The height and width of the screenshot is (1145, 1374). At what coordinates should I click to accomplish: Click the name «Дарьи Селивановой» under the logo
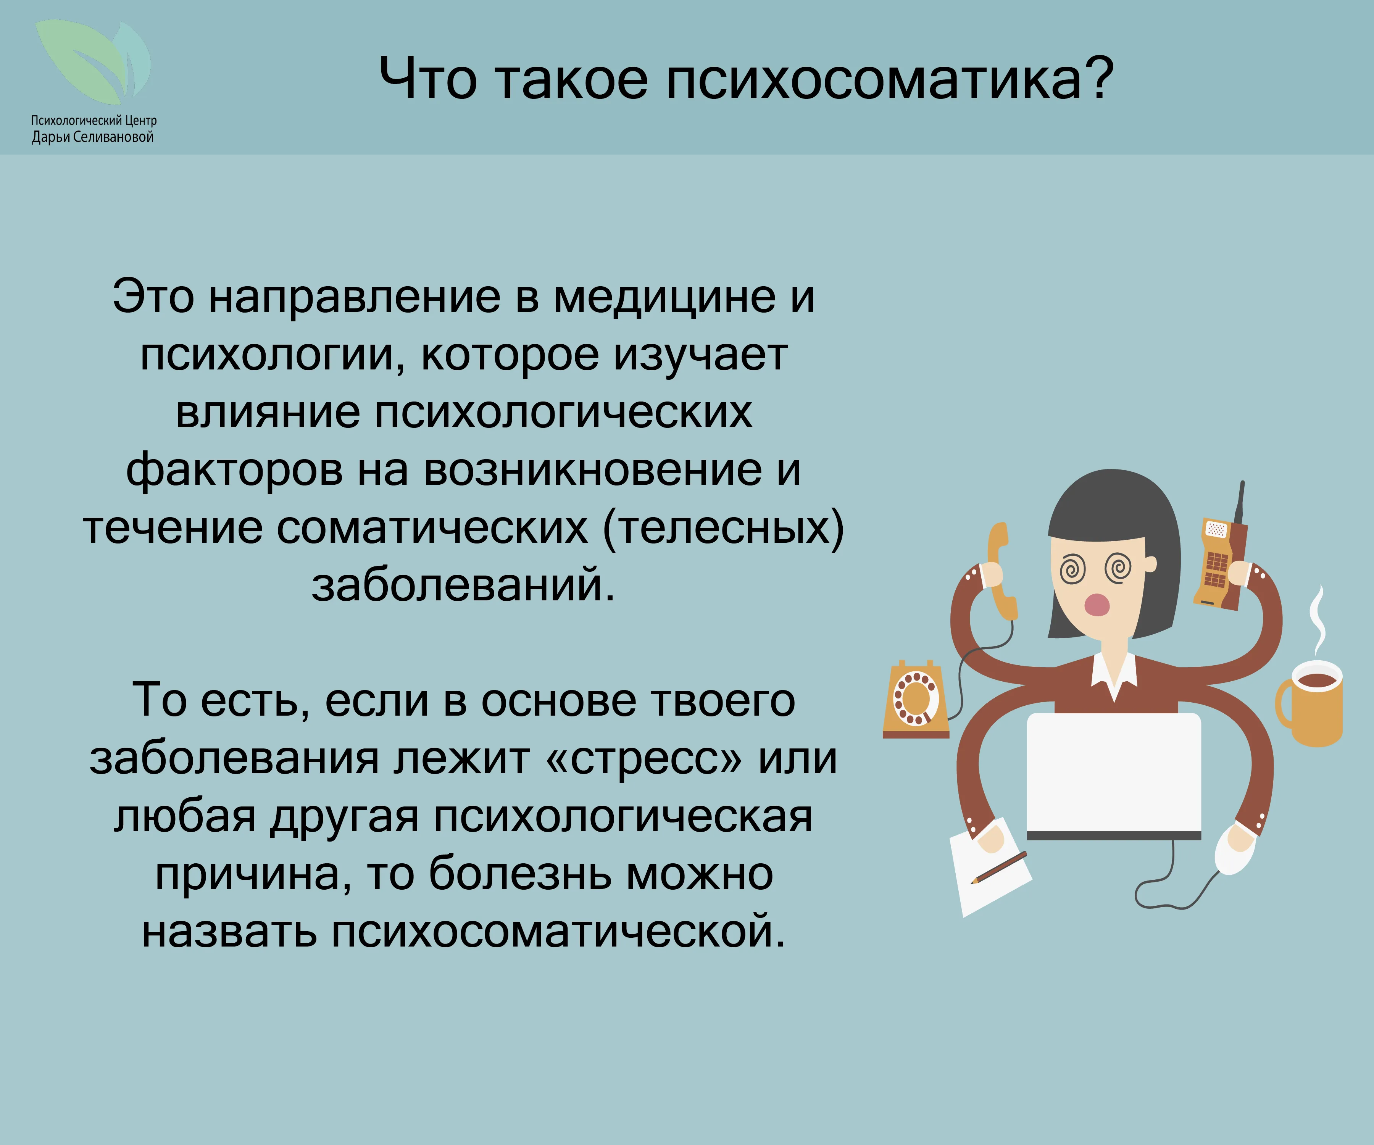coord(93,137)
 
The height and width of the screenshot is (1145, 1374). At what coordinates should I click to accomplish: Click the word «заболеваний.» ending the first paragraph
coord(463,584)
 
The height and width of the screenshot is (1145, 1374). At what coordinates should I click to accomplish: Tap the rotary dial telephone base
coord(915,700)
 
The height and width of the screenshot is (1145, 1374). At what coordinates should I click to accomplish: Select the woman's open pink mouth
coord(1097,604)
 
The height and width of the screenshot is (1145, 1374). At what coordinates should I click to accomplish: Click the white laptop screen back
coord(1114,772)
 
